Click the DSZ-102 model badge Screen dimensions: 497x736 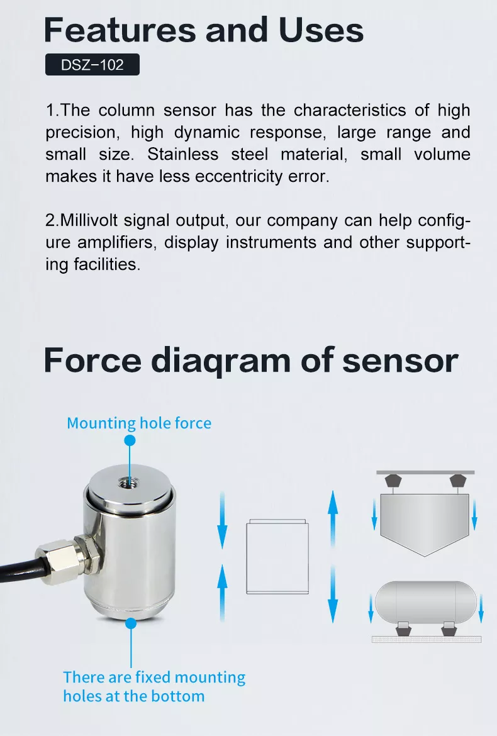tap(92, 64)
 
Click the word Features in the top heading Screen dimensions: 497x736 tap(120, 30)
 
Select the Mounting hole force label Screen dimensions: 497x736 tap(139, 423)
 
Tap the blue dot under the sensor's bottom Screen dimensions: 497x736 tap(131, 623)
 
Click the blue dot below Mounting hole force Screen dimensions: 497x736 tap(130, 440)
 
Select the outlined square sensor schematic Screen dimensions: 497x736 tap(277, 557)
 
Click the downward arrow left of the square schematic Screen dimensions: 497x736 tap(222, 520)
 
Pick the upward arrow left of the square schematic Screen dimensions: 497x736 tap(222, 593)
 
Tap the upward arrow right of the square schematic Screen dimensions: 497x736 tap(333, 519)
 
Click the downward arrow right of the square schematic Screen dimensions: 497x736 tap(333, 594)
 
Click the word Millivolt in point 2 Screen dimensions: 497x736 tap(89, 220)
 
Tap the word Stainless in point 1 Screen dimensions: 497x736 tap(183, 154)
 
